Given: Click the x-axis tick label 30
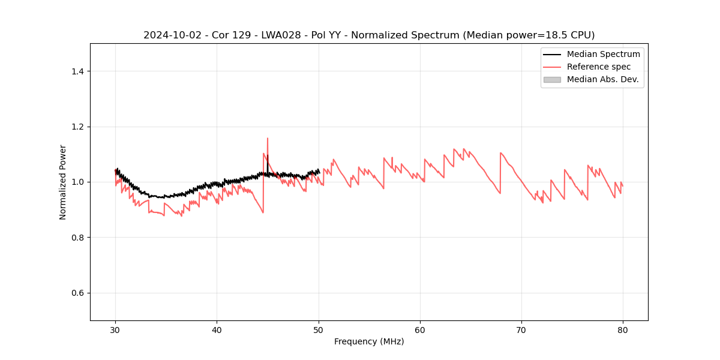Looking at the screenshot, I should (115, 329).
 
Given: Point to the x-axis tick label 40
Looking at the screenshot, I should (217, 329).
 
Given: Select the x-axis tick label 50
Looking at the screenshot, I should (319, 329).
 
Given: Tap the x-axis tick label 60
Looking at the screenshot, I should (420, 329).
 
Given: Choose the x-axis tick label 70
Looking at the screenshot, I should (521, 329).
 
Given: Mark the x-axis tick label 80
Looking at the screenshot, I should (623, 329).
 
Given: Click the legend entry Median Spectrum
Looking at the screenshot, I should (603, 54).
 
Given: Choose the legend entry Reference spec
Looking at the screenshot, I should (599, 67).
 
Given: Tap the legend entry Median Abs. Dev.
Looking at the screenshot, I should (602, 79).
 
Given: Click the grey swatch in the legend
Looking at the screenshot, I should (552, 79).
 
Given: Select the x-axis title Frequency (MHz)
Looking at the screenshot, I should (369, 341).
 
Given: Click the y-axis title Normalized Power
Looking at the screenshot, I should (63, 182).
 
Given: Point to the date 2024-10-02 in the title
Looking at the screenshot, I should (168, 35).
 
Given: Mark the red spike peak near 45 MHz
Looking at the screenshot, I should (268, 139).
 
